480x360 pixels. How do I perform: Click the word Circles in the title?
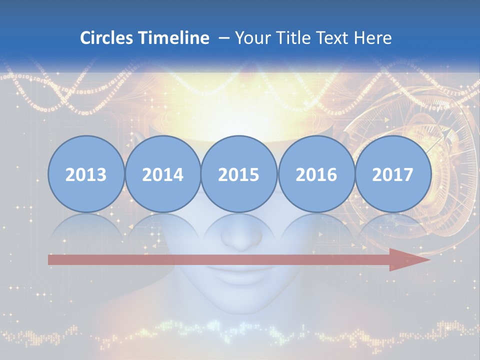pos(106,38)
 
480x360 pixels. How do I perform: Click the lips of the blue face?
pos(239,276)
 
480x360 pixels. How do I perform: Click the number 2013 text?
pos(86,174)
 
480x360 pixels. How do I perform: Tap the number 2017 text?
pos(392,174)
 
